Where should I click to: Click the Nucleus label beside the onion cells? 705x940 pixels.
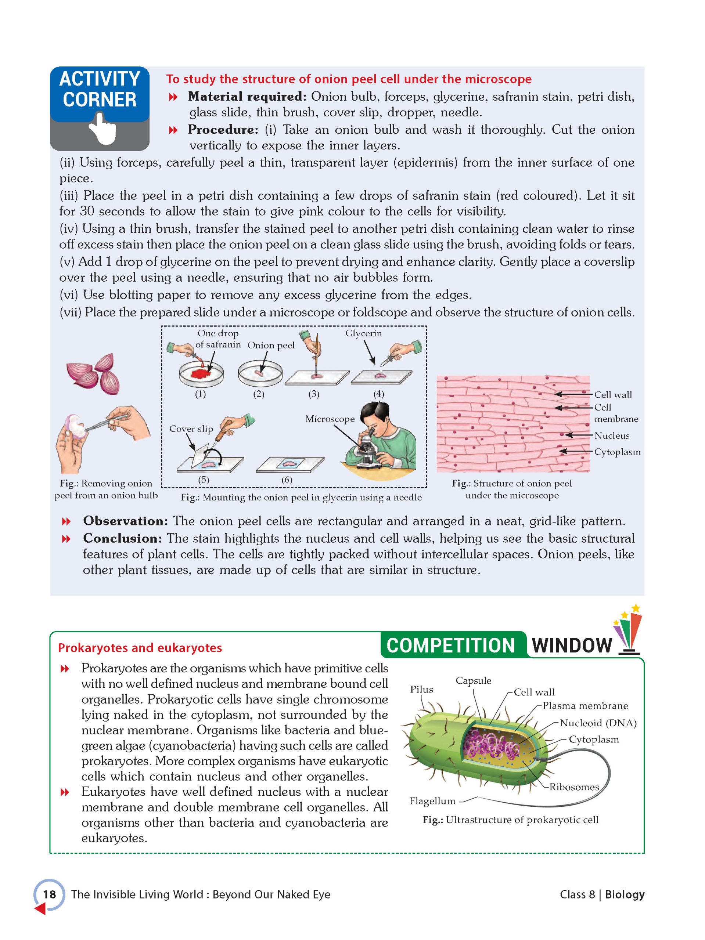[x=611, y=435]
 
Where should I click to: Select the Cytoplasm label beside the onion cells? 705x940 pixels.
[x=617, y=452]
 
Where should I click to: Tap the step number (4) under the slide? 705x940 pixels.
[x=378, y=394]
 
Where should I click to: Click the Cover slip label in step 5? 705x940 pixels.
[x=191, y=429]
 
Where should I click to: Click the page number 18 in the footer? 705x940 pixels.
[x=49, y=894]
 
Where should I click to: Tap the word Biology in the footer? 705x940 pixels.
[x=624, y=894]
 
